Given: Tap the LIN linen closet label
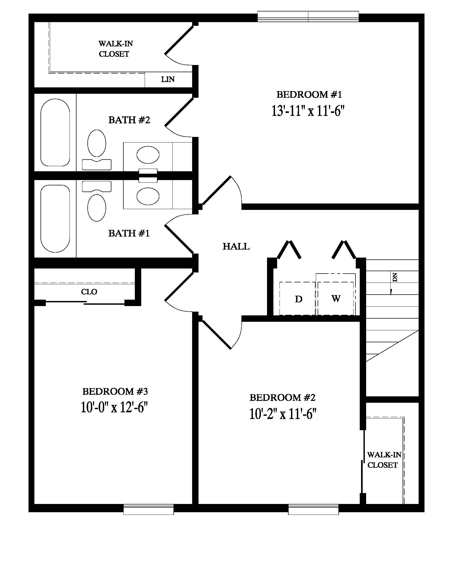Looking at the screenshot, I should pyautogui.click(x=168, y=79).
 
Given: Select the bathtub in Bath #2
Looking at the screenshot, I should pyautogui.click(x=55, y=133).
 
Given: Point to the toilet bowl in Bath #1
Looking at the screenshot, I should pyautogui.click(x=97, y=208).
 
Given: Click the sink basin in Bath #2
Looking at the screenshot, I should pyautogui.click(x=148, y=155).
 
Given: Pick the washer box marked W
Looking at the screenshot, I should pyautogui.click(x=336, y=298).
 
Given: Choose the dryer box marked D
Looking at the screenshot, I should pyautogui.click(x=298, y=299).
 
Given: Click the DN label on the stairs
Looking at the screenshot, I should pyautogui.click(x=395, y=277).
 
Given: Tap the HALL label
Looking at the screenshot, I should pyautogui.click(x=236, y=246).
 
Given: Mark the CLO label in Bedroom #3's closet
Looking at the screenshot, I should pyautogui.click(x=89, y=292).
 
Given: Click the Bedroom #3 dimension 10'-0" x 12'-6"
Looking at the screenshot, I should pyautogui.click(x=114, y=407).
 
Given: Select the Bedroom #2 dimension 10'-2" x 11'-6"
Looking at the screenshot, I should pyautogui.click(x=282, y=414).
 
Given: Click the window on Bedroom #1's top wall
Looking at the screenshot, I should pyautogui.click(x=308, y=16).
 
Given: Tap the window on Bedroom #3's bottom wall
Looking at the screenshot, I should pyautogui.click(x=148, y=509).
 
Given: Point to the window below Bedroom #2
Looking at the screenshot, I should pyautogui.click(x=313, y=509).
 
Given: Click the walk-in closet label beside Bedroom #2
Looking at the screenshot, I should pyautogui.click(x=383, y=460).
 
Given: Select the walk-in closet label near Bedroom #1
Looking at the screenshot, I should pyautogui.click(x=115, y=48).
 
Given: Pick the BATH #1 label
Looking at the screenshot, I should pyautogui.click(x=128, y=233).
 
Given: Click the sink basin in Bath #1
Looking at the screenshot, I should pyautogui.click(x=148, y=196).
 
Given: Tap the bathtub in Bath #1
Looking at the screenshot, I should pyautogui.click(x=55, y=218).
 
